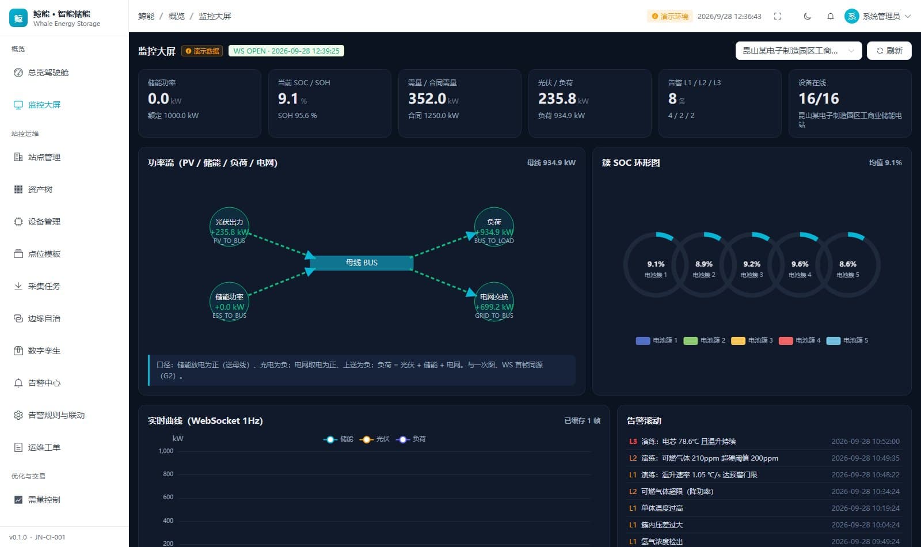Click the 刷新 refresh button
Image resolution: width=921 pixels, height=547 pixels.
pyautogui.click(x=889, y=51)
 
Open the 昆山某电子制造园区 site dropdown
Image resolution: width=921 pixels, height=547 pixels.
pyautogui.click(x=798, y=51)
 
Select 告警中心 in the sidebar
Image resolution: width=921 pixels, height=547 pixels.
pyautogui.click(x=44, y=383)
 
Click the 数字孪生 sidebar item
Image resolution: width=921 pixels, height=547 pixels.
pyautogui.click(x=44, y=351)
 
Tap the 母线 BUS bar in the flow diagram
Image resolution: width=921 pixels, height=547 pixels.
pyautogui.click(x=361, y=263)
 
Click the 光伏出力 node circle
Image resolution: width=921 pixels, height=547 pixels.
pyautogui.click(x=229, y=227)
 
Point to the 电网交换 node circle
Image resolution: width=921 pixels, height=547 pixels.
pyautogui.click(x=494, y=302)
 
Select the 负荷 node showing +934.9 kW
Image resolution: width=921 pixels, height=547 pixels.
pyautogui.click(x=494, y=227)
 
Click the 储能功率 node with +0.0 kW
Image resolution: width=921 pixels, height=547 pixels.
pyautogui.click(x=229, y=302)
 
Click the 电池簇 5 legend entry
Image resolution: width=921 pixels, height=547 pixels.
pyautogui.click(x=847, y=340)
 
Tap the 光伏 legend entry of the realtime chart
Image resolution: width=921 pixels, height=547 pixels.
pyautogui.click(x=375, y=439)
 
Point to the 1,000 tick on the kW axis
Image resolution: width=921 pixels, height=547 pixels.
pyautogui.click(x=166, y=451)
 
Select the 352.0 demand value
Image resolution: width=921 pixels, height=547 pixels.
pyautogui.click(x=427, y=98)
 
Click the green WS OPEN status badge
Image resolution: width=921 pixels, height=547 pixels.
pyautogui.click(x=286, y=51)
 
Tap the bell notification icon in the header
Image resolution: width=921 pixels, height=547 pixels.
pyautogui.click(x=831, y=16)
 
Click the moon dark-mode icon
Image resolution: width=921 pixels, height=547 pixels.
pyautogui.click(x=807, y=16)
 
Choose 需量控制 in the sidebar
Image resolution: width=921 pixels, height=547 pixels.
pyautogui.click(x=44, y=500)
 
